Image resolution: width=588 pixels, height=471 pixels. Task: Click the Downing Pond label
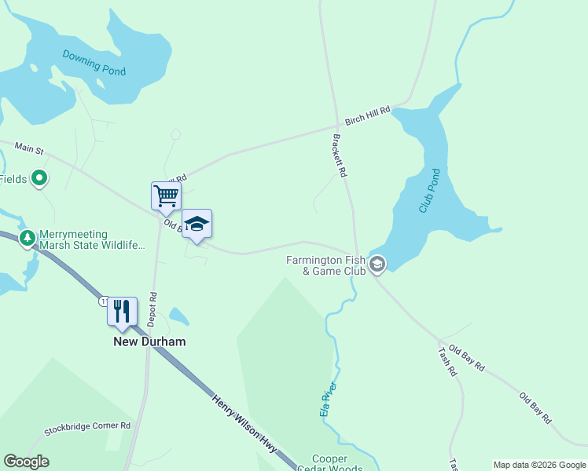[x=94, y=62]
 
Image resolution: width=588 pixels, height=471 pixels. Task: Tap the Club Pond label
[x=428, y=193]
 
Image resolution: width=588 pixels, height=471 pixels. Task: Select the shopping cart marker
[x=166, y=196]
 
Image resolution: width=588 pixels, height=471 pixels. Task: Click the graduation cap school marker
[x=197, y=224]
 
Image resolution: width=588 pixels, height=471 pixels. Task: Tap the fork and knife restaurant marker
[x=122, y=311]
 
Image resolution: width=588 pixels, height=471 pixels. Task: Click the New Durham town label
[x=149, y=342]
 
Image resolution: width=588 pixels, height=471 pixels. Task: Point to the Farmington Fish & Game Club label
[x=326, y=265]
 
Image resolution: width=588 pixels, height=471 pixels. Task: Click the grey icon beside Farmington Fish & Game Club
[x=377, y=265]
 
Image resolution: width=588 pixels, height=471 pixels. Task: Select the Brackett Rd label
[x=340, y=156]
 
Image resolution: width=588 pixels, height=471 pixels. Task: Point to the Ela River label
[x=328, y=399]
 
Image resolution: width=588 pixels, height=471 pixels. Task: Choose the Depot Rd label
[x=153, y=309]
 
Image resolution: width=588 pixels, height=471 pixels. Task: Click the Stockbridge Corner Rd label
[x=87, y=428]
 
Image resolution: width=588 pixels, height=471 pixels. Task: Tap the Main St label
[x=28, y=148]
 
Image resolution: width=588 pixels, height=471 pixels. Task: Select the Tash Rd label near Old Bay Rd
[x=448, y=361]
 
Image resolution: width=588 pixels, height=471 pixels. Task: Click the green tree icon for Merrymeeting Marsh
[x=28, y=237]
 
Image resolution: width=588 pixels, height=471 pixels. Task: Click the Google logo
[x=26, y=462]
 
